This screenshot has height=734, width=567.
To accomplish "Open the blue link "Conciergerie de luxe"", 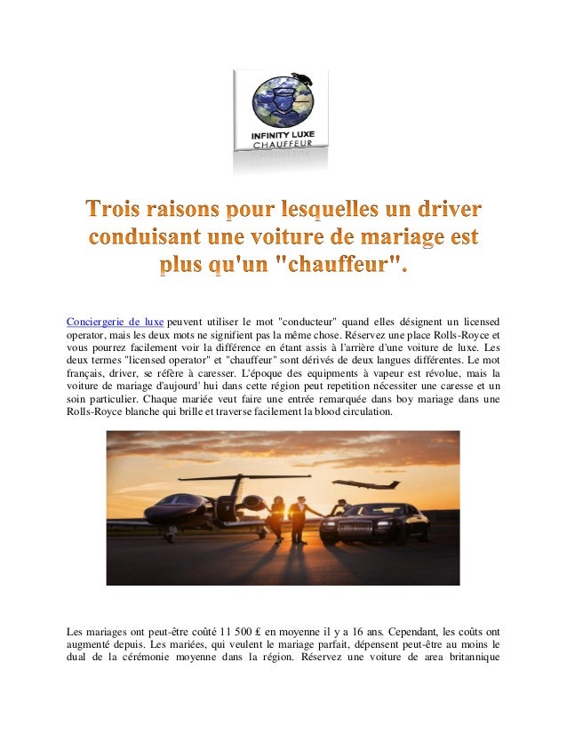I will pos(116,321).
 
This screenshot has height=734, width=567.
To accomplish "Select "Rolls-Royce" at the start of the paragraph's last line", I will pos(97,413).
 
